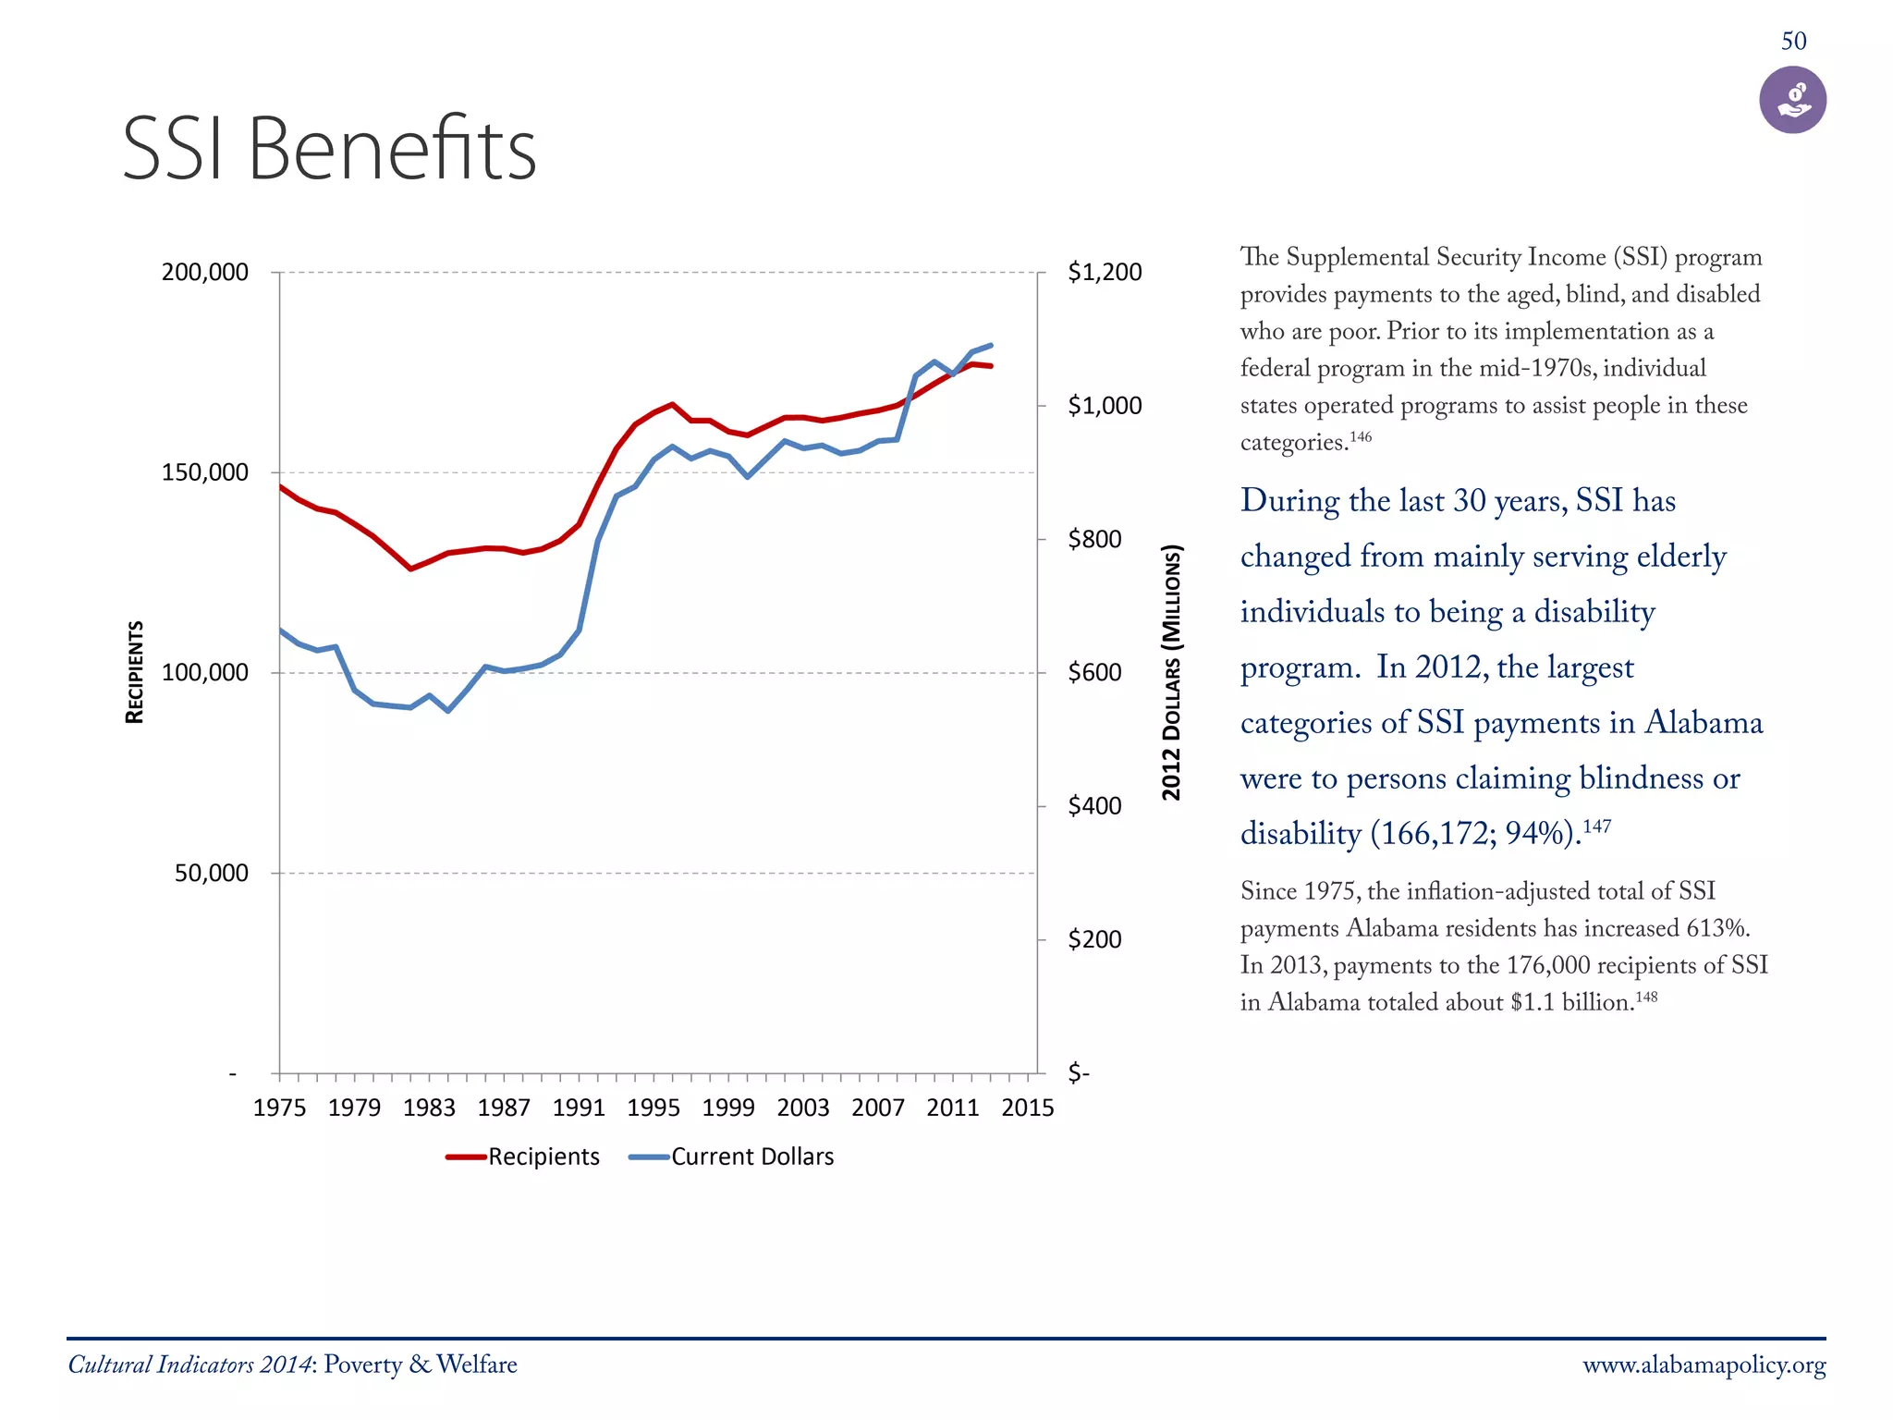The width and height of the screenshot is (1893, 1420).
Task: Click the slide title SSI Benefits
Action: (x=329, y=150)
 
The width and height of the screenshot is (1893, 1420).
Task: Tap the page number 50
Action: (x=1793, y=42)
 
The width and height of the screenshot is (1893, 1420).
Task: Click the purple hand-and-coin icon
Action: (x=1792, y=100)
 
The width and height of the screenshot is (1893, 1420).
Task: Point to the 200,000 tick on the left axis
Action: (x=205, y=272)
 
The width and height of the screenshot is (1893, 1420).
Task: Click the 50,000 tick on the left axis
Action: (x=212, y=873)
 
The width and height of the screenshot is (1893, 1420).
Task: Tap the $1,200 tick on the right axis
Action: (x=1105, y=272)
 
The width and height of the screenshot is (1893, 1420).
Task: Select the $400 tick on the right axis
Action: (x=1094, y=805)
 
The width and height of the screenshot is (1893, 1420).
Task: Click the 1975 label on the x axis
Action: (x=279, y=1108)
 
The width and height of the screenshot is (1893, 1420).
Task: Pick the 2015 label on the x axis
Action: (x=1027, y=1108)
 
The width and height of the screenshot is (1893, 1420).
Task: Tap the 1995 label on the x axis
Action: (x=653, y=1108)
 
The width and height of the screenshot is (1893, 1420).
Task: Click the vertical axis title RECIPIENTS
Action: (x=135, y=672)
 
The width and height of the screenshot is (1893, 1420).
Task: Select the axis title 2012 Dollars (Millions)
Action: (x=1171, y=672)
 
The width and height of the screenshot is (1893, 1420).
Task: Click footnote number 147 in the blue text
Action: (x=1596, y=825)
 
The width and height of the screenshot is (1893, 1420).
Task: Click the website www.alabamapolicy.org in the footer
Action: (x=1704, y=1365)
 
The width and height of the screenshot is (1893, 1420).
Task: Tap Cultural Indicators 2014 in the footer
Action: (x=190, y=1365)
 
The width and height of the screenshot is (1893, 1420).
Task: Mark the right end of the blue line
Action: (x=991, y=346)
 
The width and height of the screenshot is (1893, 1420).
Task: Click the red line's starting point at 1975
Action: (x=280, y=486)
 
